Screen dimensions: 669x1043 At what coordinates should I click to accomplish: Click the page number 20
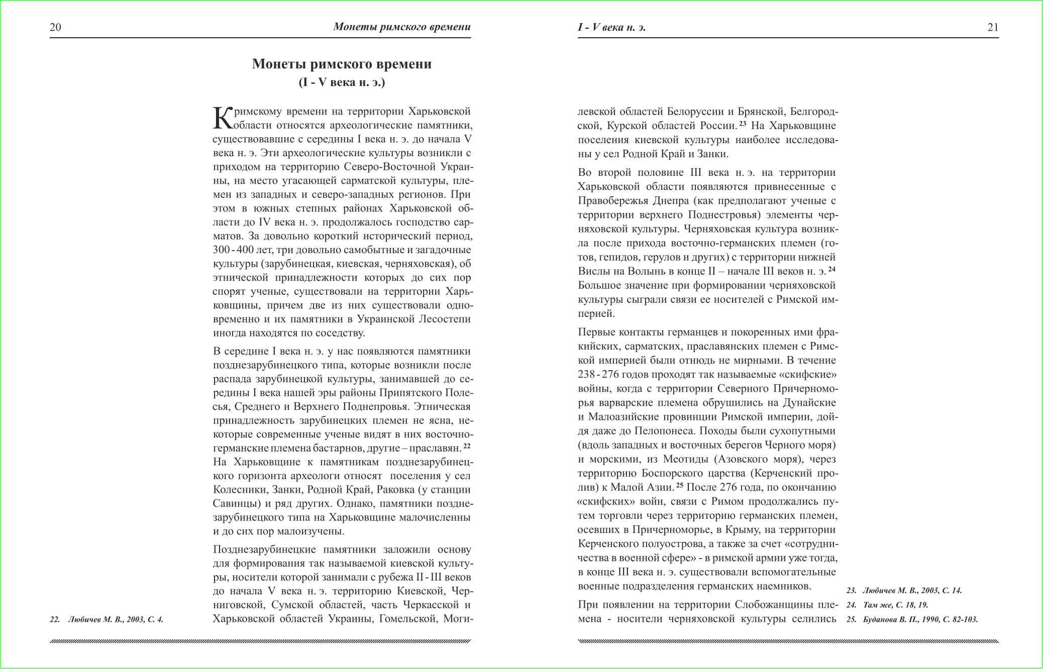tap(55, 27)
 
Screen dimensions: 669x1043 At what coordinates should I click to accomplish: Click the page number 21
tap(993, 27)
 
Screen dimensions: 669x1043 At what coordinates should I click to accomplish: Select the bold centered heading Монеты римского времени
tap(342, 64)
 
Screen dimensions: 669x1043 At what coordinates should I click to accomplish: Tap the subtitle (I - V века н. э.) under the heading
tap(342, 82)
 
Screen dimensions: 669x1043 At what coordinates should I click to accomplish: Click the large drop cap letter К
tap(223, 118)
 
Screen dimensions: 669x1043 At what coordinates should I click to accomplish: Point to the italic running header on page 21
tap(611, 27)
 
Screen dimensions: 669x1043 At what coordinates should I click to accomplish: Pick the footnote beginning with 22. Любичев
tap(107, 619)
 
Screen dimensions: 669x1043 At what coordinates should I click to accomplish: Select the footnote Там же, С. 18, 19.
tap(887, 605)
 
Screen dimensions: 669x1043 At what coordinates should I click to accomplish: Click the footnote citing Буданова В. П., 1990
tap(912, 619)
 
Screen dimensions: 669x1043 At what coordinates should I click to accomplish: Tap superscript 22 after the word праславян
tap(467, 445)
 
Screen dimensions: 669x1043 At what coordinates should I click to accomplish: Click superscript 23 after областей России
tap(743, 123)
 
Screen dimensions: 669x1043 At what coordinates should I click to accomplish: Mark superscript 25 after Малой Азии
tap(680, 485)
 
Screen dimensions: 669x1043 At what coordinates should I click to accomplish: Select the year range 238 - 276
tap(598, 375)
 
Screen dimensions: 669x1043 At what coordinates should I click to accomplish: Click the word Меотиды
tap(685, 459)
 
